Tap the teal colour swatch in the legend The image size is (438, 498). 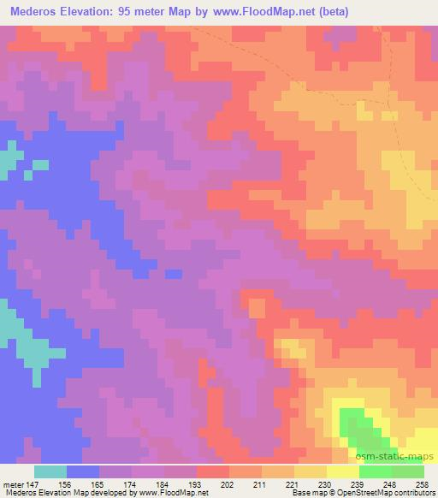point(50,471)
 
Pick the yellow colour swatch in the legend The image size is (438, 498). point(311,471)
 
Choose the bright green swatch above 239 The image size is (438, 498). point(376,471)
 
